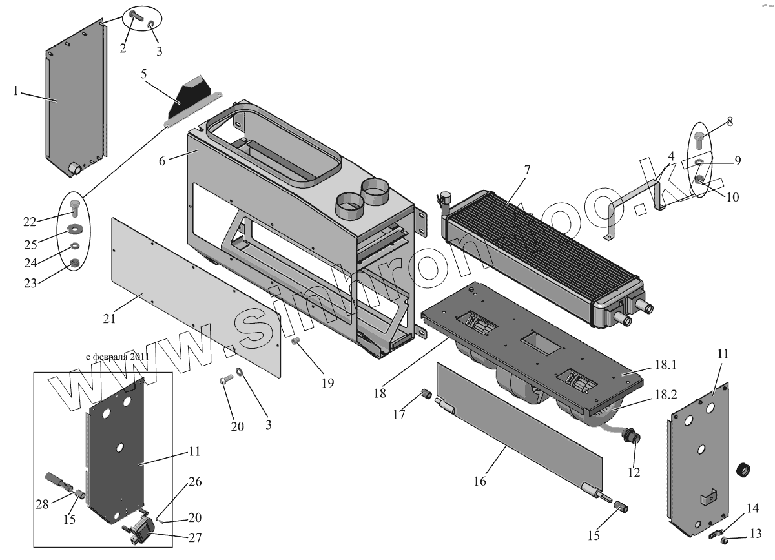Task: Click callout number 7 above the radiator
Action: tap(527, 170)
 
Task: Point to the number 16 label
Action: tap(479, 481)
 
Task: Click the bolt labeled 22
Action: tap(73, 208)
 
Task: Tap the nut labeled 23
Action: tap(74, 262)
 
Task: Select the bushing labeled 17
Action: tap(425, 394)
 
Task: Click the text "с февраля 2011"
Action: tap(117, 357)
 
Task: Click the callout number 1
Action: tap(15, 92)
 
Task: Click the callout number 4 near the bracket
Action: tap(672, 157)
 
